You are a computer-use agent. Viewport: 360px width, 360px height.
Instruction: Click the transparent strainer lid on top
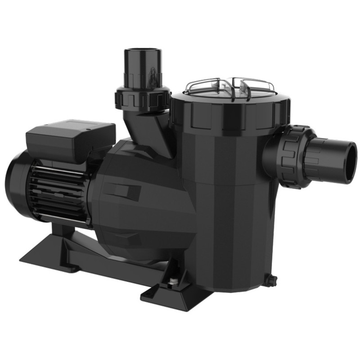coord(229,87)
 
